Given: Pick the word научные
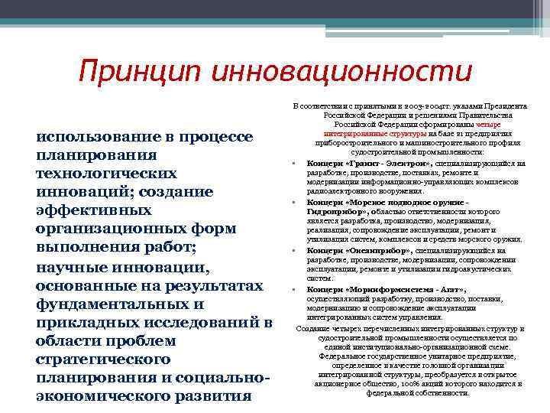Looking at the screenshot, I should point(73,267).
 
